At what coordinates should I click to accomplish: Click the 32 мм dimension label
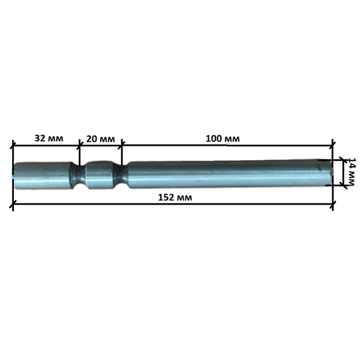pos(49,138)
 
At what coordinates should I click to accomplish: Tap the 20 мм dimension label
pos(100,139)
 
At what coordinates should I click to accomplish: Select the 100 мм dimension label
pos(223,139)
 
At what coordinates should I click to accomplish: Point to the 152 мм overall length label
pos(175,197)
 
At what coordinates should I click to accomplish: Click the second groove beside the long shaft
pos(121,175)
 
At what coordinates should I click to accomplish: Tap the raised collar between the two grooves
pos(100,175)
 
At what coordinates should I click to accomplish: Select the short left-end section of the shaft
pos(43,176)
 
